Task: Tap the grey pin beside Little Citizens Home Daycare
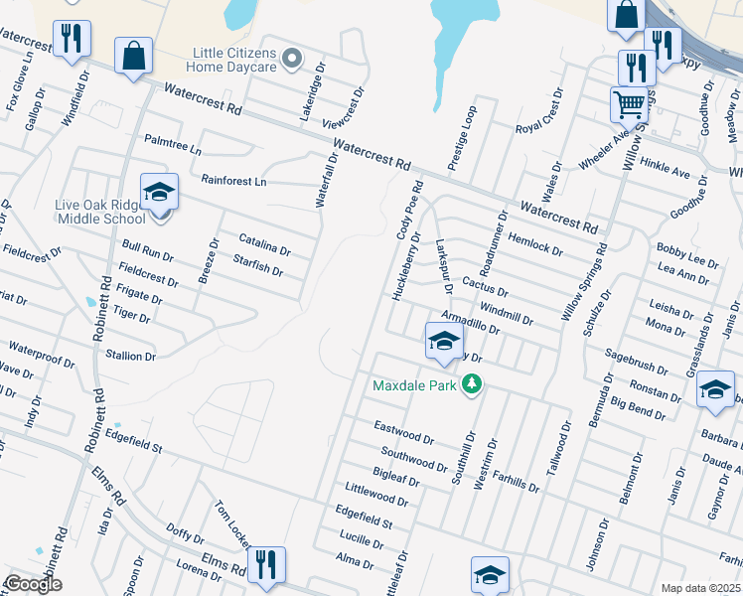pos(292,60)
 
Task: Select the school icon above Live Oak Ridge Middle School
pos(159,193)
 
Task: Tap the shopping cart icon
pos(628,103)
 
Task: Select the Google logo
pos(33,584)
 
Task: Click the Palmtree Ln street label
pos(173,145)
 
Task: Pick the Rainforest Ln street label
pos(233,182)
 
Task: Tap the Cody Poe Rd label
pos(413,210)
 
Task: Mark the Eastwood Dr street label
pos(404,432)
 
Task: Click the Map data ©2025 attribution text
pos(701,588)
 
